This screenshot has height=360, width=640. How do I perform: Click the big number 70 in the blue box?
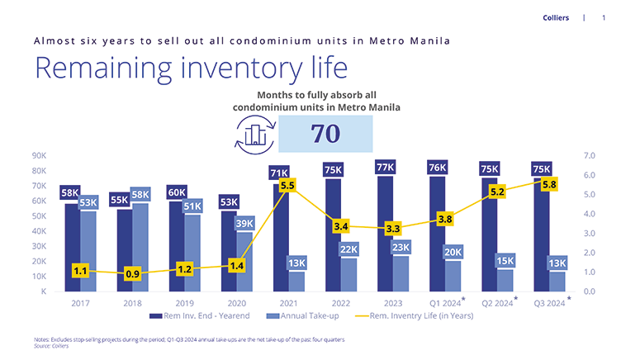[x=325, y=135]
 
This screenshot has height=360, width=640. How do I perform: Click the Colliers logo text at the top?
[x=555, y=17]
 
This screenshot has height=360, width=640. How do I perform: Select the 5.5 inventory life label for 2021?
[x=287, y=187]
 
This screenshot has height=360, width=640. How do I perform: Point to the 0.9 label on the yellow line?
[x=132, y=273]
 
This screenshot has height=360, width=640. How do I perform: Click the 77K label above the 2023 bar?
[x=385, y=168]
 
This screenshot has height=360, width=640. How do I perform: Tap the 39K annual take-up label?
[x=245, y=223]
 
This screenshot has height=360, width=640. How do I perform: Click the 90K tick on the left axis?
[x=40, y=155]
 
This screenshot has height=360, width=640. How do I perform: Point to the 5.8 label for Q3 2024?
[x=549, y=184]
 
